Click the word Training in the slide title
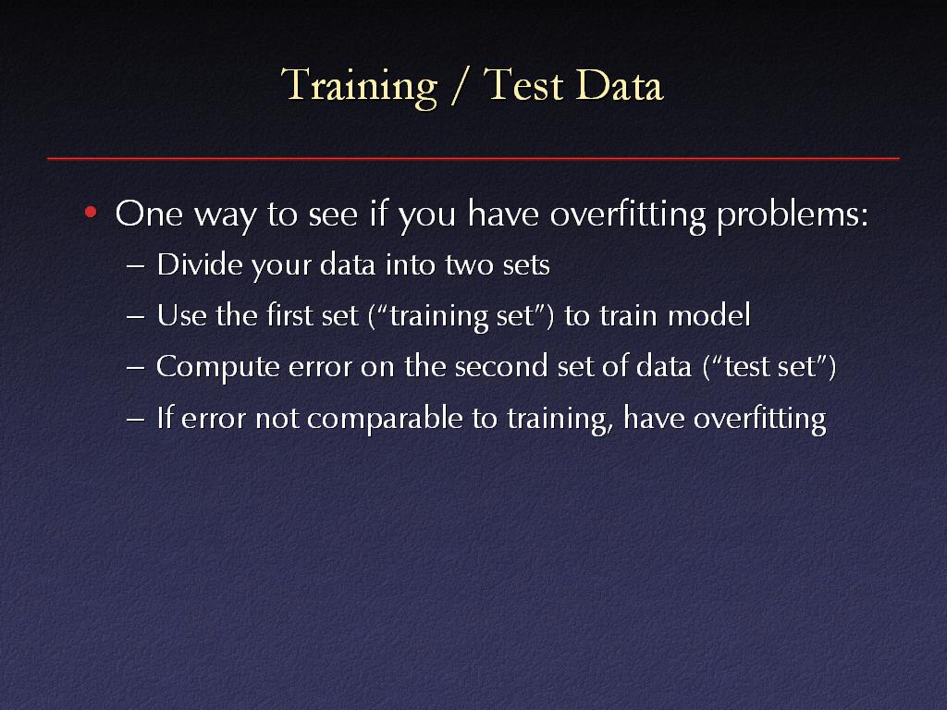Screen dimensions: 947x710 [x=359, y=86]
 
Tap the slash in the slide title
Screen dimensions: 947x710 [x=461, y=85]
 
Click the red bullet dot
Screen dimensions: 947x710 [x=91, y=212]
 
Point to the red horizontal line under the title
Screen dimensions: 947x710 [x=473, y=159]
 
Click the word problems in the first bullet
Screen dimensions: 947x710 [x=792, y=214]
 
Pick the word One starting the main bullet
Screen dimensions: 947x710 [x=149, y=214]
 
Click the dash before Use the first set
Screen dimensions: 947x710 [x=136, y=316]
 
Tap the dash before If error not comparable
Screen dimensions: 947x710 [x=136, y=419]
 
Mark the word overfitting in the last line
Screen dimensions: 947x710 [x=760, y=419]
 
